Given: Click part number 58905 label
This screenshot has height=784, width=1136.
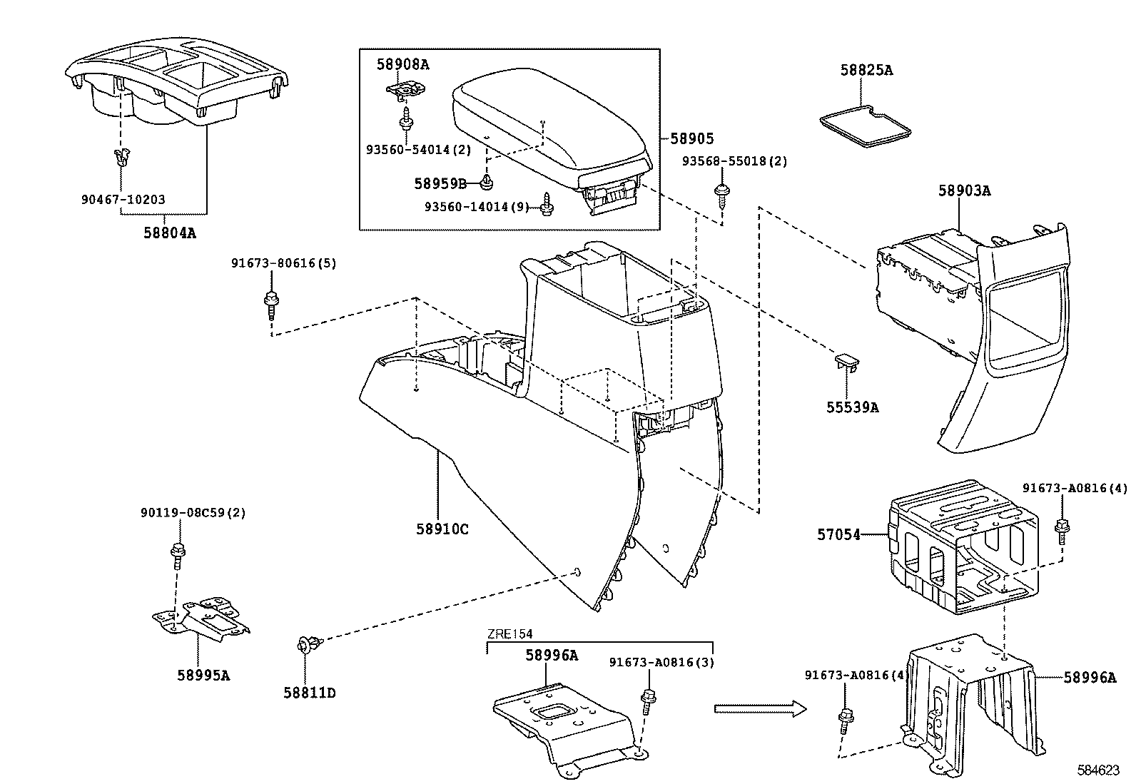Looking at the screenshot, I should click(691, 139).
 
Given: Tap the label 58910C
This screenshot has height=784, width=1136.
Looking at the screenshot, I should click(442, 529).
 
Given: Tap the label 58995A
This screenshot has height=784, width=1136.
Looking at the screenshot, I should click(203, 675).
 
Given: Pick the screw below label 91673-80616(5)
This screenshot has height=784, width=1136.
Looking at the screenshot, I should click(270, 305).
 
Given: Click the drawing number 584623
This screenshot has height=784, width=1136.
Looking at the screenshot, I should click(1098, 771).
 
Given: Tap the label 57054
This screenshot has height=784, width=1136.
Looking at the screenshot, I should click(838, 534).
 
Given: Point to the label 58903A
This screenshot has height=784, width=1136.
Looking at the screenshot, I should click(964, 190).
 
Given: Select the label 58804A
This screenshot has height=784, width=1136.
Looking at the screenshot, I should click(169, 232).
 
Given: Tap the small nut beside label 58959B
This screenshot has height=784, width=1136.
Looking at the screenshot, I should click(486, 183).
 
